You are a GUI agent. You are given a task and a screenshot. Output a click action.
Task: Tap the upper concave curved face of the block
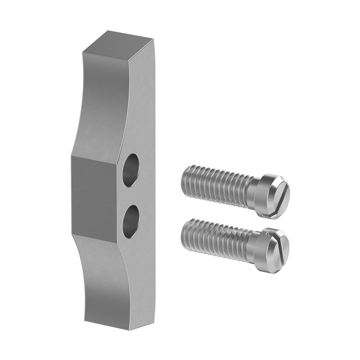(99, 105)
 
